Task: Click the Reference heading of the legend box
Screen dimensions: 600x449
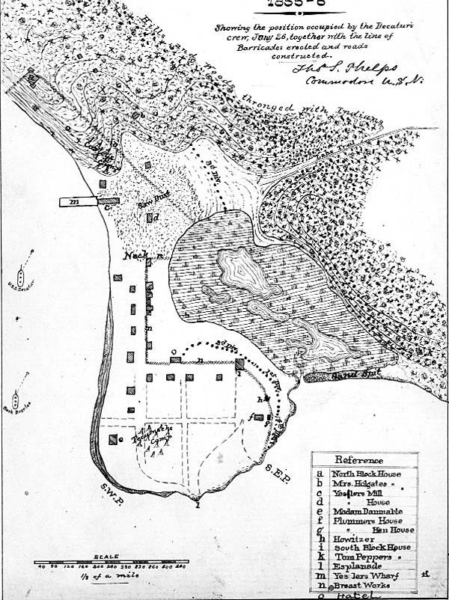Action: pos(359,460)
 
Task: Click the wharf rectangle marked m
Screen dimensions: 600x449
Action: pos(79,201)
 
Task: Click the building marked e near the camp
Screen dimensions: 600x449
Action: pos(114,439)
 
